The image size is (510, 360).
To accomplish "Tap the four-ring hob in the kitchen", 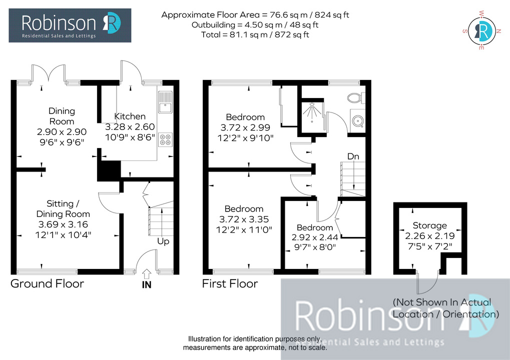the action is coord(165,139).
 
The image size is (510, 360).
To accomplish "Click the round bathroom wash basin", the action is coord(358,121).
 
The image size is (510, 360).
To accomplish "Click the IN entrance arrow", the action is coord(147,274).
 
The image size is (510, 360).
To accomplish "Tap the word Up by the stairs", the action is coord(163,241).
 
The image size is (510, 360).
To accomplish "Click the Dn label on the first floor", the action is coord(353,156).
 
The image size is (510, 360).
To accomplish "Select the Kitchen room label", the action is coord(130,116).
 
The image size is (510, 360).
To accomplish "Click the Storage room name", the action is coord(429,225).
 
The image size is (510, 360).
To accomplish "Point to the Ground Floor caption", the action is coord(48,283).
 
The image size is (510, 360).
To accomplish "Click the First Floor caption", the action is coord(230,283).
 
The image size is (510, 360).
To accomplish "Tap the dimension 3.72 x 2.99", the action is coord(245,127).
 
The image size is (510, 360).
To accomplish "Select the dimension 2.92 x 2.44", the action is coord(315,237).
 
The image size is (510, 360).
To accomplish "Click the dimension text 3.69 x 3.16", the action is coord(63,224).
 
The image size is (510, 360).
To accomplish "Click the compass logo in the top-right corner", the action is coord(482,30).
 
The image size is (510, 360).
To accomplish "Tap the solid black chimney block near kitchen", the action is coord(109,170).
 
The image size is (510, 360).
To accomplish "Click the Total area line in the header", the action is coord(255,35).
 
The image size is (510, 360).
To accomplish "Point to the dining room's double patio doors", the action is coord(49,73).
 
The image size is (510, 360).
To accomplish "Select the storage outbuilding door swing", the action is coord(427,282).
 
